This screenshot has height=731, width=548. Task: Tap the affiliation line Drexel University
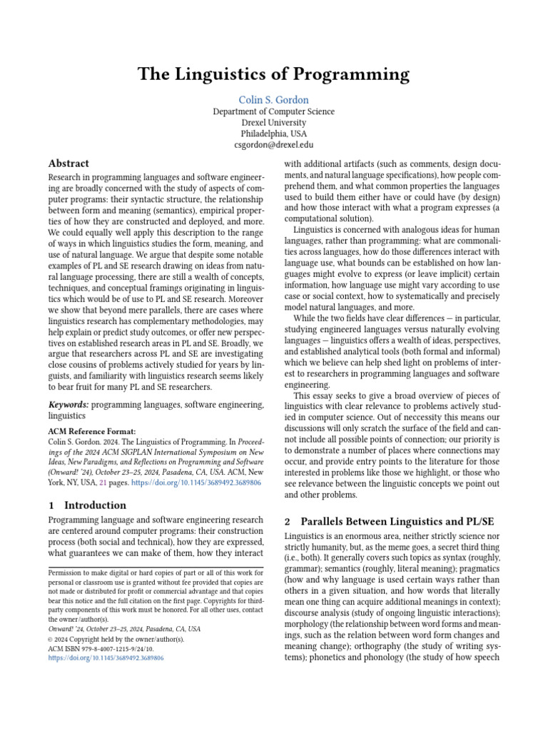pyautogui.click(x=274, y=123)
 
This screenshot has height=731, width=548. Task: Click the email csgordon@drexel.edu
pyautogui.click(x=274, y=145)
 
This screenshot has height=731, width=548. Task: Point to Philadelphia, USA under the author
pyautogui.click(x=274, y=133)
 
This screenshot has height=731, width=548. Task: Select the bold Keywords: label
pyautogui.click(x=68, y=405)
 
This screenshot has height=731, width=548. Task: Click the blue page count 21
pyautogui.click(x=103, y=483)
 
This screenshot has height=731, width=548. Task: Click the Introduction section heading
pyautogui.click(x=95, y=505)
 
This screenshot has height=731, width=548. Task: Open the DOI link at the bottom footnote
pyautogui.click(x=106, y=658)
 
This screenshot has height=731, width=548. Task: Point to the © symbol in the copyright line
pyautogui.click(x=51, y=639)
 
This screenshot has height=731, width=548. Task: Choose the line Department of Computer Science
pyautogui.click(x=274, y=112)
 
